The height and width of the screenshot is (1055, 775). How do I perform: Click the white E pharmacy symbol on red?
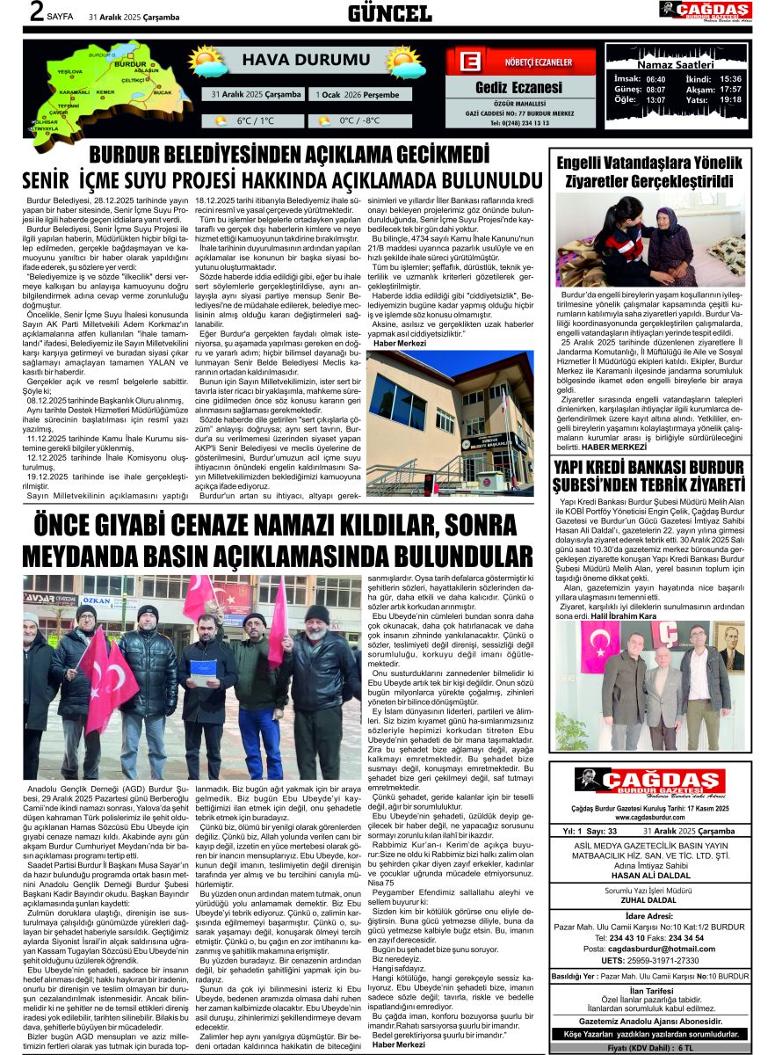469,63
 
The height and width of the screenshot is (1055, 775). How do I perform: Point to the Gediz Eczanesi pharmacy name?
518,87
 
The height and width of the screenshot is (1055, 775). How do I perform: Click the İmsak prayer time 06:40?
655,78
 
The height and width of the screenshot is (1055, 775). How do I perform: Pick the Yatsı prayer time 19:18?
730,99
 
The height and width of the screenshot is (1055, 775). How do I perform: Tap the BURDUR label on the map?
130,64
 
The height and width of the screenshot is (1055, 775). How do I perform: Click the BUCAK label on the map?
162,92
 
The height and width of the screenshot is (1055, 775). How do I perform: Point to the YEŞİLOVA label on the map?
69,71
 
